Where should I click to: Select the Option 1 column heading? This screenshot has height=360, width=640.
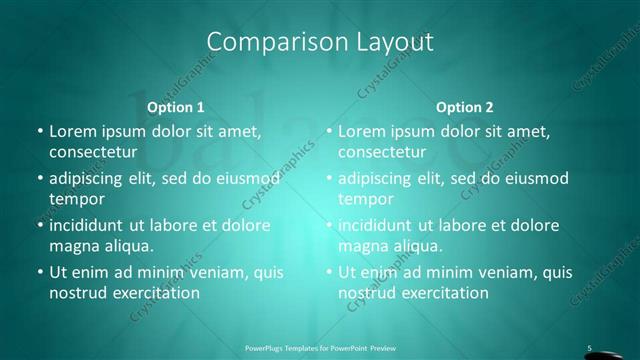tap(176, 107)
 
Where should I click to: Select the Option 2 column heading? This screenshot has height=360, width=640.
tap(465, 107)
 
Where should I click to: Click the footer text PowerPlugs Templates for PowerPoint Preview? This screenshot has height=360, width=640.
tap(319, 348)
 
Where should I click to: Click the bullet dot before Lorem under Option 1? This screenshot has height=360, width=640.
tap(39, 132)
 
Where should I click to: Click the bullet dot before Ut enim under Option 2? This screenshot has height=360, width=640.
tap(328, 272)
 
